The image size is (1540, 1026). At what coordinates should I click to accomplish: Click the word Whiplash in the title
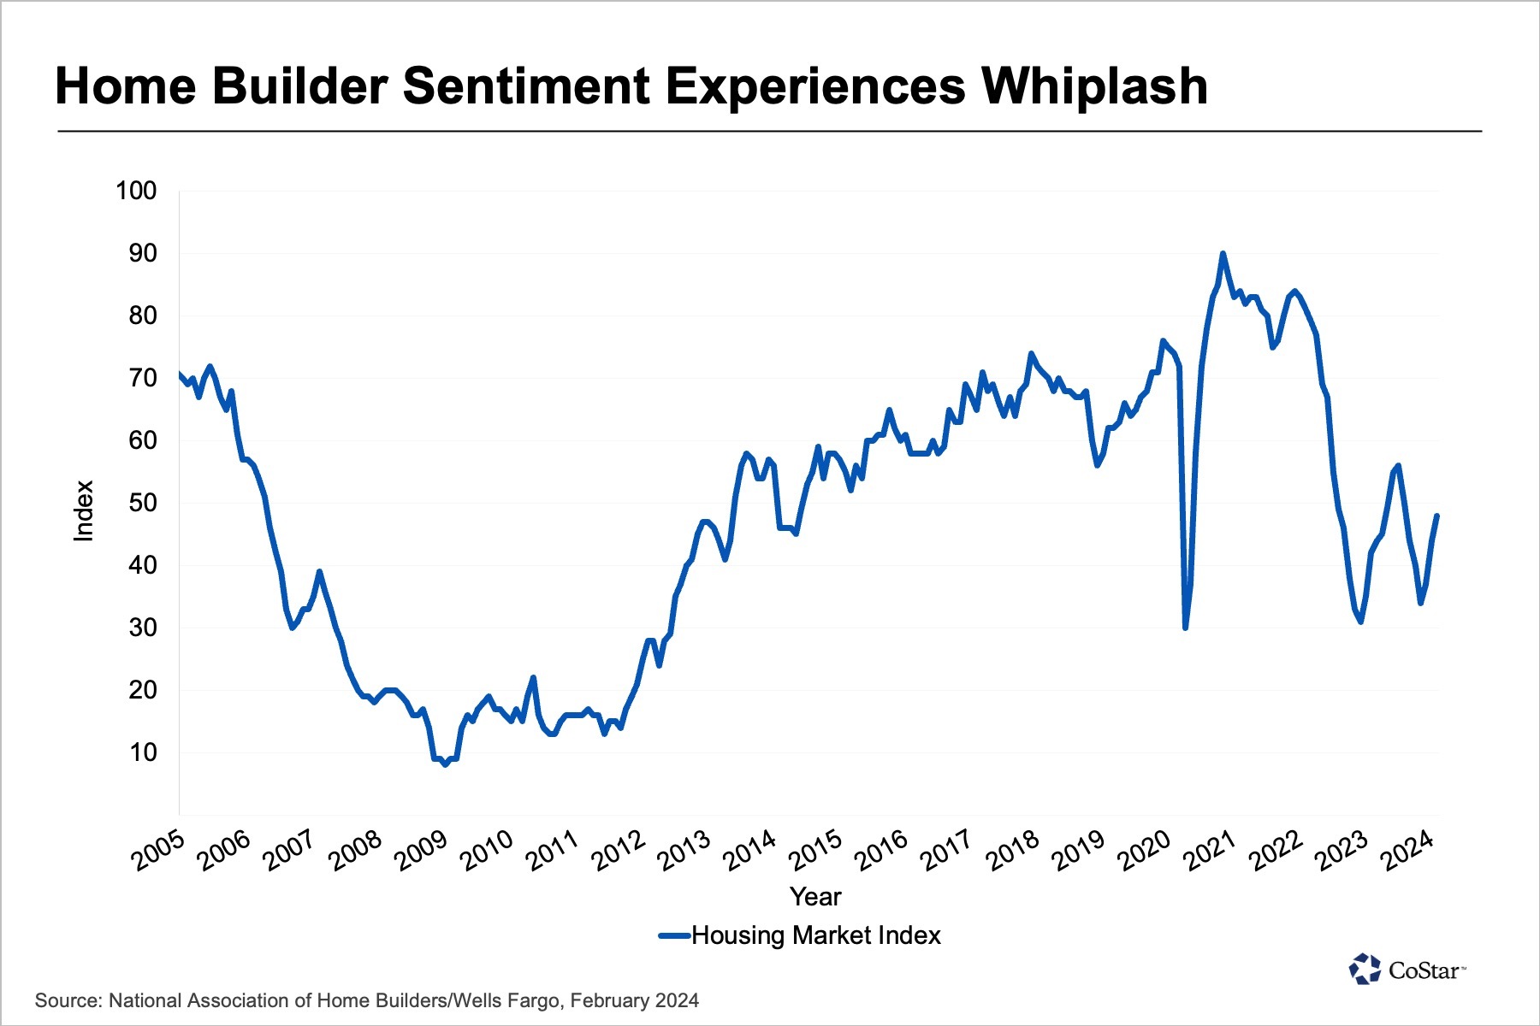point(1094,86)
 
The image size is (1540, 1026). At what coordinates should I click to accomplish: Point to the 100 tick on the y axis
point(137,191)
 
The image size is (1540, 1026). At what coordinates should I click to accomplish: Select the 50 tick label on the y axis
point(143,503)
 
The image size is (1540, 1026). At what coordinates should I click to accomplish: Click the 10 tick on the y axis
point(143,752)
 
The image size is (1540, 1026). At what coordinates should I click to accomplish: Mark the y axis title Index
point(83,510)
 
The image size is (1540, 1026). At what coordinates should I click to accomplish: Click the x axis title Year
point(815,896)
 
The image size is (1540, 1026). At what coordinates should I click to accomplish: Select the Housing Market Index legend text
point(815,935)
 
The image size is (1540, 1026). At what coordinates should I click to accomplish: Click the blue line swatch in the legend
point(674,935)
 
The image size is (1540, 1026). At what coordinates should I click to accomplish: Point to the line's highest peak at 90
point(1223,253)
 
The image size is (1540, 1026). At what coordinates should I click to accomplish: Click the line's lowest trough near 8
point(445,764)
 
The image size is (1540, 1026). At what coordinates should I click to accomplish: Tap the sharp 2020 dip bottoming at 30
point(1185,628)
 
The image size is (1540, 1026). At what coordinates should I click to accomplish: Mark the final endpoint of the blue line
point(1437,516)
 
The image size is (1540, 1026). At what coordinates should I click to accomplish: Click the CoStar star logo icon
point(1365,970)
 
